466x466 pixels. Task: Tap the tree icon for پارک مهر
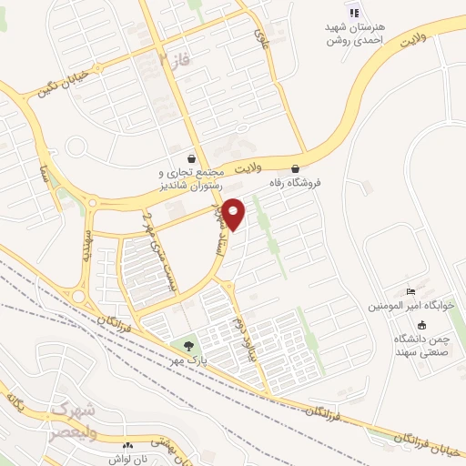pyautogui.click(x=187, y=346)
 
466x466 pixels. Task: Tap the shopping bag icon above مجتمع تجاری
pyautogui.click(x=190, y=157)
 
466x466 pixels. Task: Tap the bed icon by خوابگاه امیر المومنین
pyautogui.click(x=411, y=290)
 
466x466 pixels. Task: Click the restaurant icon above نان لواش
pyautogui.click(x=127, y=446)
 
